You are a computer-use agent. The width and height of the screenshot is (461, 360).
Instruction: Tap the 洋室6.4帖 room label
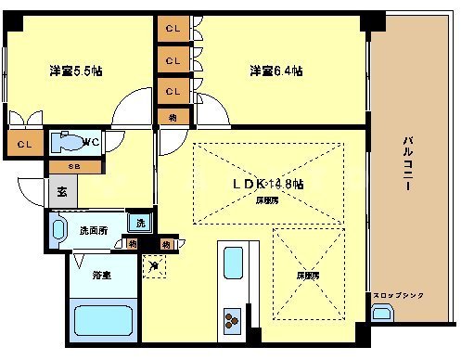pyautogui.click(x=275, y=70)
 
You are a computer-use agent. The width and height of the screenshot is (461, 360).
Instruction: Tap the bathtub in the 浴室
pyautogui.click(x=101, y=323)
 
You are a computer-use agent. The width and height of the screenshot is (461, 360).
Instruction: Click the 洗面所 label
pyautogui.click(x=93, y=229)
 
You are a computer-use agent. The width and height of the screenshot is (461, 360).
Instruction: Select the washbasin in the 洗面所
pyautogui.click(x=60, y=229)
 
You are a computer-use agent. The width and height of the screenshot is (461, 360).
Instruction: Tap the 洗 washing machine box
pyautogui.click(x=140, y=223)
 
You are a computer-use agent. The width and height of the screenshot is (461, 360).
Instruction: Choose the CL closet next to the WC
pyautogui.click(x=24, y=144)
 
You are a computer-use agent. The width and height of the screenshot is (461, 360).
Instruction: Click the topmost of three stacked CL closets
pyautogui.click(x=173, y=30)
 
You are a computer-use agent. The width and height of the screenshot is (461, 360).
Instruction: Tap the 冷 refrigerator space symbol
pyautogui.click(x=153, y=264)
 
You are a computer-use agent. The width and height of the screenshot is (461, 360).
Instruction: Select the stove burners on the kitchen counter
pyautogui.click(x=230, y=320)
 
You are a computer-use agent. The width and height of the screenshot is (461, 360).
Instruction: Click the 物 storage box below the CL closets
pyautogui.click(x=173, y=116)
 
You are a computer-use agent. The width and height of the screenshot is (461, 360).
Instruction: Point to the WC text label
pyautogui.click(x=91, y=141)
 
